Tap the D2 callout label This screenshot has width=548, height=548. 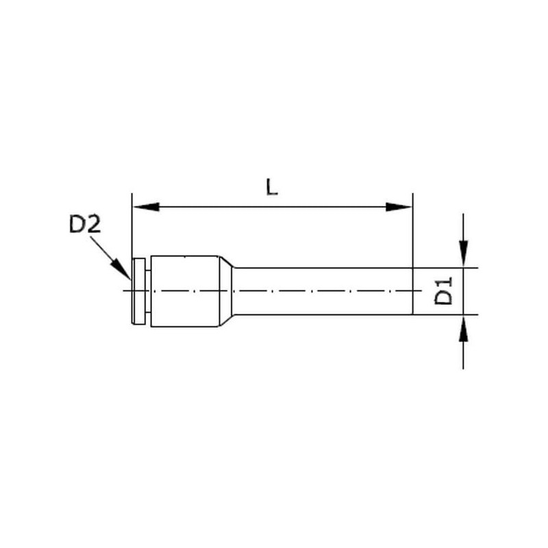pyautogui.click(x=85, y=224)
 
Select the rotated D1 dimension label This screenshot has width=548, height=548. pyautogui.click(x=443, y=290)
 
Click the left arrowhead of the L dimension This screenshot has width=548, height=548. pyautogui.click(x=146, y=207)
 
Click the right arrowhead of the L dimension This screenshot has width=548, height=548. pyautogui.click(x=399, y=207)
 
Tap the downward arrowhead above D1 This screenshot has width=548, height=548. pyautogui.click(x=463, y=253)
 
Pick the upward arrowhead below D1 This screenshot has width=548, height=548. pyautogui.click(x=463, y=329)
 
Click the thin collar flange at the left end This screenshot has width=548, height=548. pyautogui.click(x=139, y=291)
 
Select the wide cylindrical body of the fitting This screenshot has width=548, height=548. pyautogui.click(x=185, y=291)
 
